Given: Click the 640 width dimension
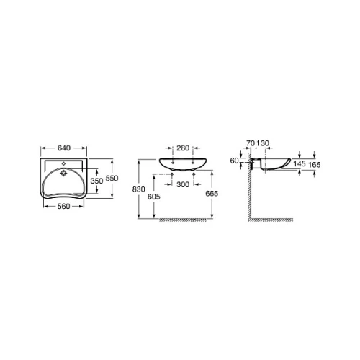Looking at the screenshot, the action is tap(64, 148).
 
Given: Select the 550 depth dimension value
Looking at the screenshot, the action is tap(112, 179).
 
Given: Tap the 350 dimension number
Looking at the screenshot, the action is tap(96, 181).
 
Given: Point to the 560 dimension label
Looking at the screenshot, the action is tap(63, 206).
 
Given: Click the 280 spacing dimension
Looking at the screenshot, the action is tap(183, 148).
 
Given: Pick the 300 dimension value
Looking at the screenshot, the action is tap(183, 184).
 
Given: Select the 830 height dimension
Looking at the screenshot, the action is tap(138, 189).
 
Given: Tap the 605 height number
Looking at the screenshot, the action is tap(153, 197).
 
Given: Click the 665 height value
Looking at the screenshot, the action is tap(212, 194).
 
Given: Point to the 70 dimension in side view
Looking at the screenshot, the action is tap(251, 143).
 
